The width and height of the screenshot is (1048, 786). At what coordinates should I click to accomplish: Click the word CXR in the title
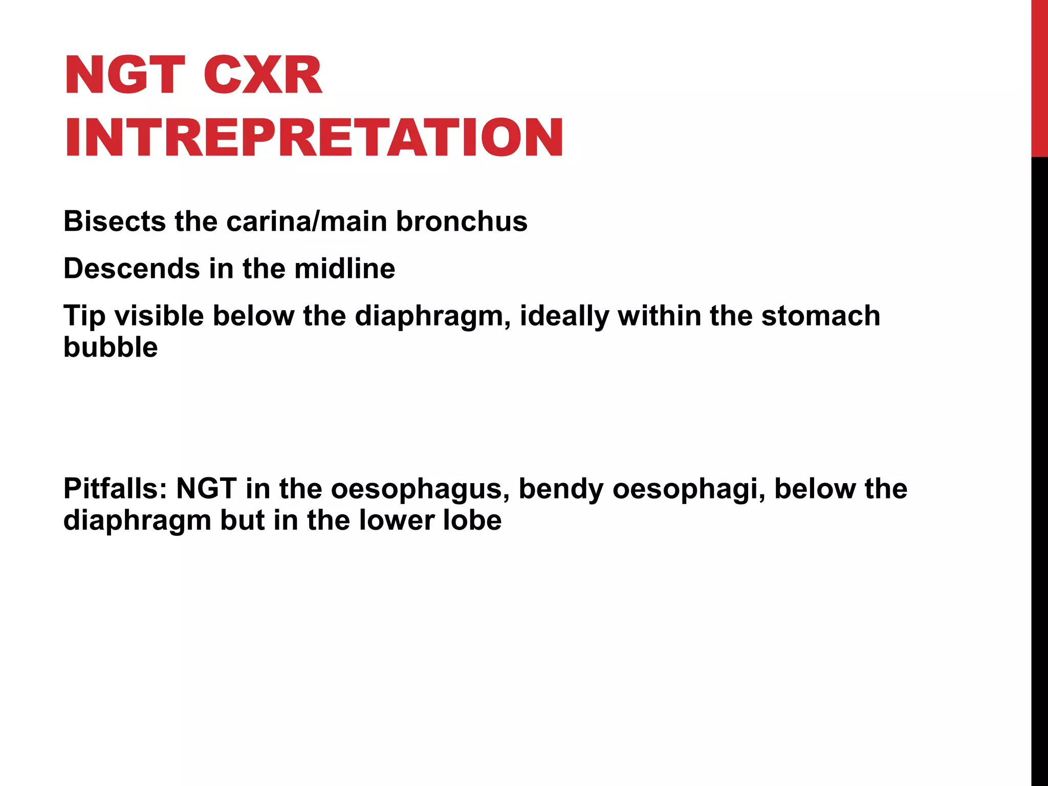(263, 76)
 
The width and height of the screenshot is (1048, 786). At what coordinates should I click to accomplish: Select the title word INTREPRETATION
(314, 138)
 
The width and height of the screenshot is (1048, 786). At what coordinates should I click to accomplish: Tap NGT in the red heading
(125, 76)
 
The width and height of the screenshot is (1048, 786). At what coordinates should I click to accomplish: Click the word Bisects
(115, 222)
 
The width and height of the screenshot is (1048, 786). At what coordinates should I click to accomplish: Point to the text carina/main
(306, 222)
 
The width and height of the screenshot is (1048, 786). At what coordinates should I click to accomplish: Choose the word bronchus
(462, 222)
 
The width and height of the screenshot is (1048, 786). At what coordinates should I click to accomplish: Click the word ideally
(564, 316)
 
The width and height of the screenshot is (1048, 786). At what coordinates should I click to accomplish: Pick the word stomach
(821, 316)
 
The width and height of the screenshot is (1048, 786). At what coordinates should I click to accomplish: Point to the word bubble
(111, 347)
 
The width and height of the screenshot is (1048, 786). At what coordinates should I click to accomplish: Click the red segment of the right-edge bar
(1039, 77)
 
